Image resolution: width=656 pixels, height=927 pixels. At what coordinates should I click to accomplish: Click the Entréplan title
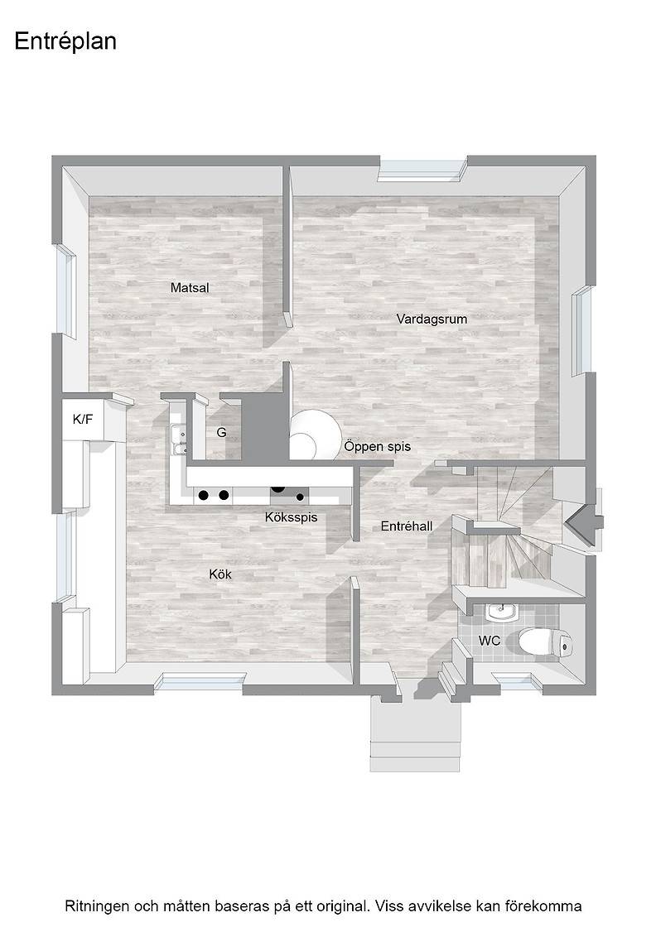click(x=65, y=42)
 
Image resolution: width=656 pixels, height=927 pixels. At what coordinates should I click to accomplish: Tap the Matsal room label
click(x=190, y=288)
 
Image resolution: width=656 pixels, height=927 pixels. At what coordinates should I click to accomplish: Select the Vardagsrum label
click(x=432, y=319)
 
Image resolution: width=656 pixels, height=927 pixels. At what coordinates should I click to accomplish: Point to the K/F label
click(x=83, y=420)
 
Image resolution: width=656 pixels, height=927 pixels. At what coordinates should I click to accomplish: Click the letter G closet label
click(x=221, y=433)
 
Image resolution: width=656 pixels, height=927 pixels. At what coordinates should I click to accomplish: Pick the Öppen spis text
click(x=378, y=446)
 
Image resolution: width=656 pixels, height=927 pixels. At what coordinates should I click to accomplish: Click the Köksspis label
click(x=291, y=517)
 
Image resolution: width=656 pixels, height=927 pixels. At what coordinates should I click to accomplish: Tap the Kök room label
click(x=220, y=574)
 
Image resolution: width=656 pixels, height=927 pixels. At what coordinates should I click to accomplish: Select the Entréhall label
click(x=407, y=526)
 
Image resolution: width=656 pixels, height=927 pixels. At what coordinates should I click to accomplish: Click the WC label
click(x=490, y=641)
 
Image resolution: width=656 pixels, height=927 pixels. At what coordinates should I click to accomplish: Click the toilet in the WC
click(x=545, y=642)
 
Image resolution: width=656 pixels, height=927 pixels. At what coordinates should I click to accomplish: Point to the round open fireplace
click(x=315, y=435)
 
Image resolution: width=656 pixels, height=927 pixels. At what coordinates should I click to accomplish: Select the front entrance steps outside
click(x=415, y=733)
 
